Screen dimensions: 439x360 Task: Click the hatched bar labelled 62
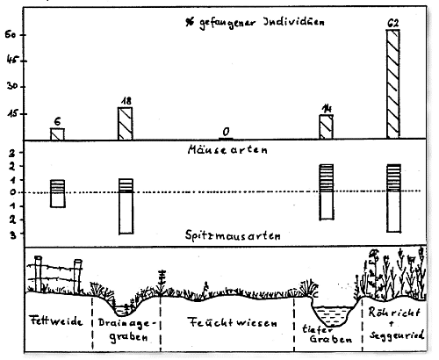(x=393, y=83)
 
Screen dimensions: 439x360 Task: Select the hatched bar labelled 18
(x=126, y=123)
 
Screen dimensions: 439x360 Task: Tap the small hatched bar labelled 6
(x=57, y=133)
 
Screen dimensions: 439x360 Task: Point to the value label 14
(x=327, y=109)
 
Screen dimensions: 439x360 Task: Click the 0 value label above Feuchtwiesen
(x=226, y=132)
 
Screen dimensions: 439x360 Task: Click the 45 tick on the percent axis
(x=12, y=61)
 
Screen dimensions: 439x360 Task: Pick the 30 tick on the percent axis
(x=12, y=86)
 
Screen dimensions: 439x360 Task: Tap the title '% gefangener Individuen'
(x=255, y=23)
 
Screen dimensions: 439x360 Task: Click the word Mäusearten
(x=227, y=150)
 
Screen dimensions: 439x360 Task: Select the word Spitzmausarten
(x=233, y=235)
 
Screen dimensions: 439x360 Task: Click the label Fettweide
(x=57, y=320)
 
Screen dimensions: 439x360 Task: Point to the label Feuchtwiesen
(x=233, y=322)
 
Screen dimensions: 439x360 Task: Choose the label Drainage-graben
(x=127, y=330)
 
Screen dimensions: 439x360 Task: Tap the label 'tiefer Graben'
(x=327, y=335)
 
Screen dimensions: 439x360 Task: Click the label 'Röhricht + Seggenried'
(x=396, y=324)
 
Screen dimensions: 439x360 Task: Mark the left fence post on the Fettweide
(x=38, y=274)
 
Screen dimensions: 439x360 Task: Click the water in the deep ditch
(x=333, y=315)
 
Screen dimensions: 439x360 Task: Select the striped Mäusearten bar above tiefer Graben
(x=327, y=178)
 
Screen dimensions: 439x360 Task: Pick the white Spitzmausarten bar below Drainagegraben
(x=126, y=212)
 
